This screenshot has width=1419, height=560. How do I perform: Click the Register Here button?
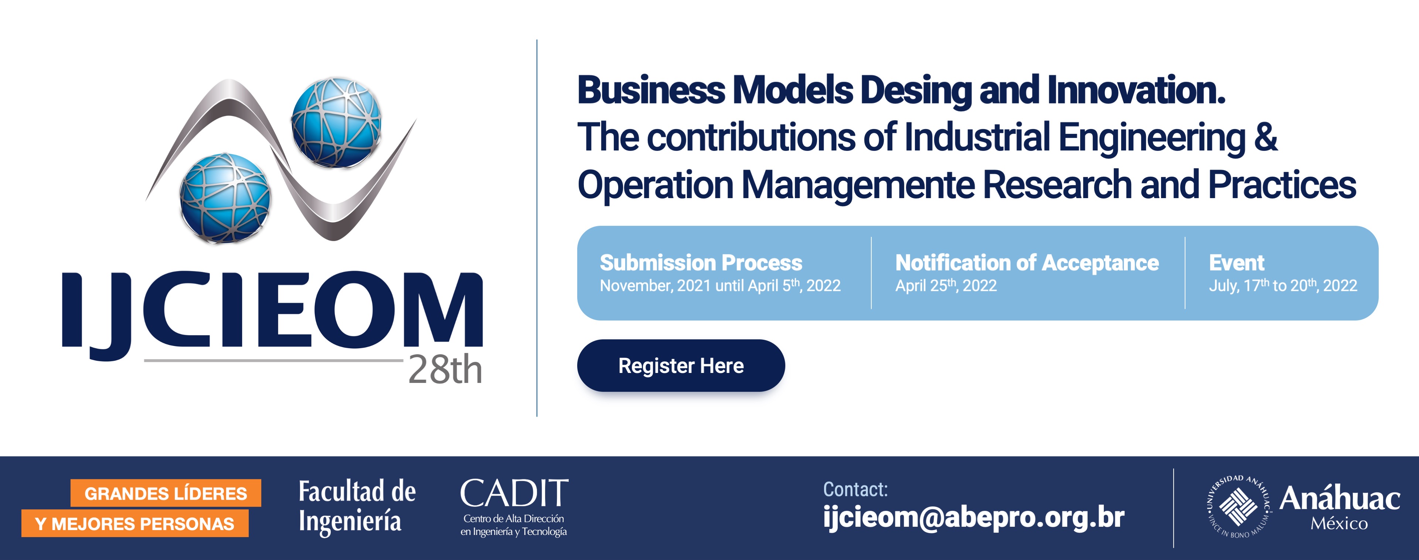click(681, 366)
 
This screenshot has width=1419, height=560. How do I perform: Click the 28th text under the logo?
click(445, 370)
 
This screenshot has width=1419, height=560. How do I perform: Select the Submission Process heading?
click(701, 263)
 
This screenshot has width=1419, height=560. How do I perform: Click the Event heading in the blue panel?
click(1237, 263)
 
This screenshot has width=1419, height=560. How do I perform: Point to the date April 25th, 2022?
click(946, 285)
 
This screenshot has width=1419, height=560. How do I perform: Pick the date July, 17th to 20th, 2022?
click(1283, 285)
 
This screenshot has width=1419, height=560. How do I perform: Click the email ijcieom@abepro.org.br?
click(973, 517)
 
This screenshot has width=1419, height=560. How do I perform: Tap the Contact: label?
click(855, 489)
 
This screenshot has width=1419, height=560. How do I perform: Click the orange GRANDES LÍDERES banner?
click(166, 493)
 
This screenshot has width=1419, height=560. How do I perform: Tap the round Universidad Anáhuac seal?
click(1239, 506)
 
